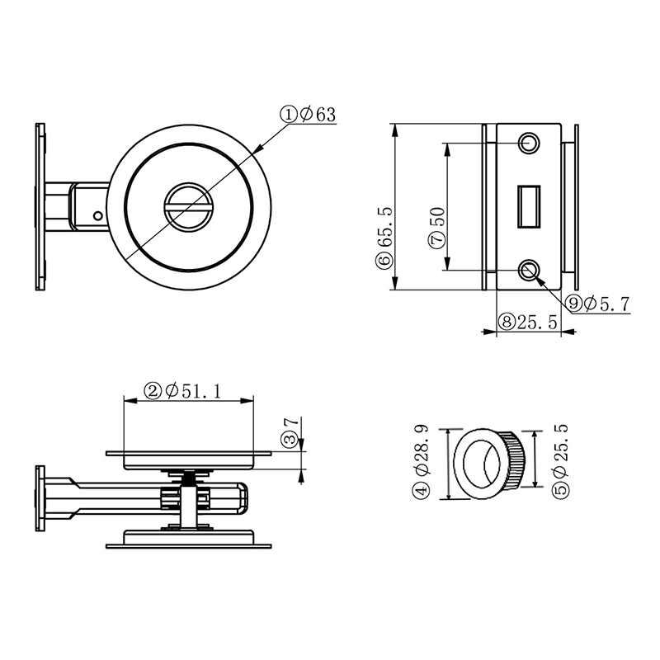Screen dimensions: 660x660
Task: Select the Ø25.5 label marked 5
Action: tap(560, 462)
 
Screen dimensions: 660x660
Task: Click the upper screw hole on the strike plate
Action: tap(529, 144)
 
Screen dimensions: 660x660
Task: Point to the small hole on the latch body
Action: tap(98, 216)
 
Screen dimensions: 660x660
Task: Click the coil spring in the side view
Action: tap(191, 474)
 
